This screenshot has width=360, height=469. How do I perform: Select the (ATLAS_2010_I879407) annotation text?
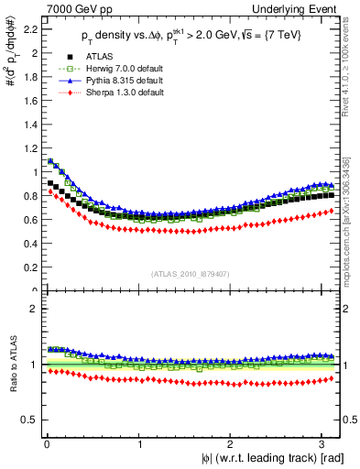click(x=191, y=274)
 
